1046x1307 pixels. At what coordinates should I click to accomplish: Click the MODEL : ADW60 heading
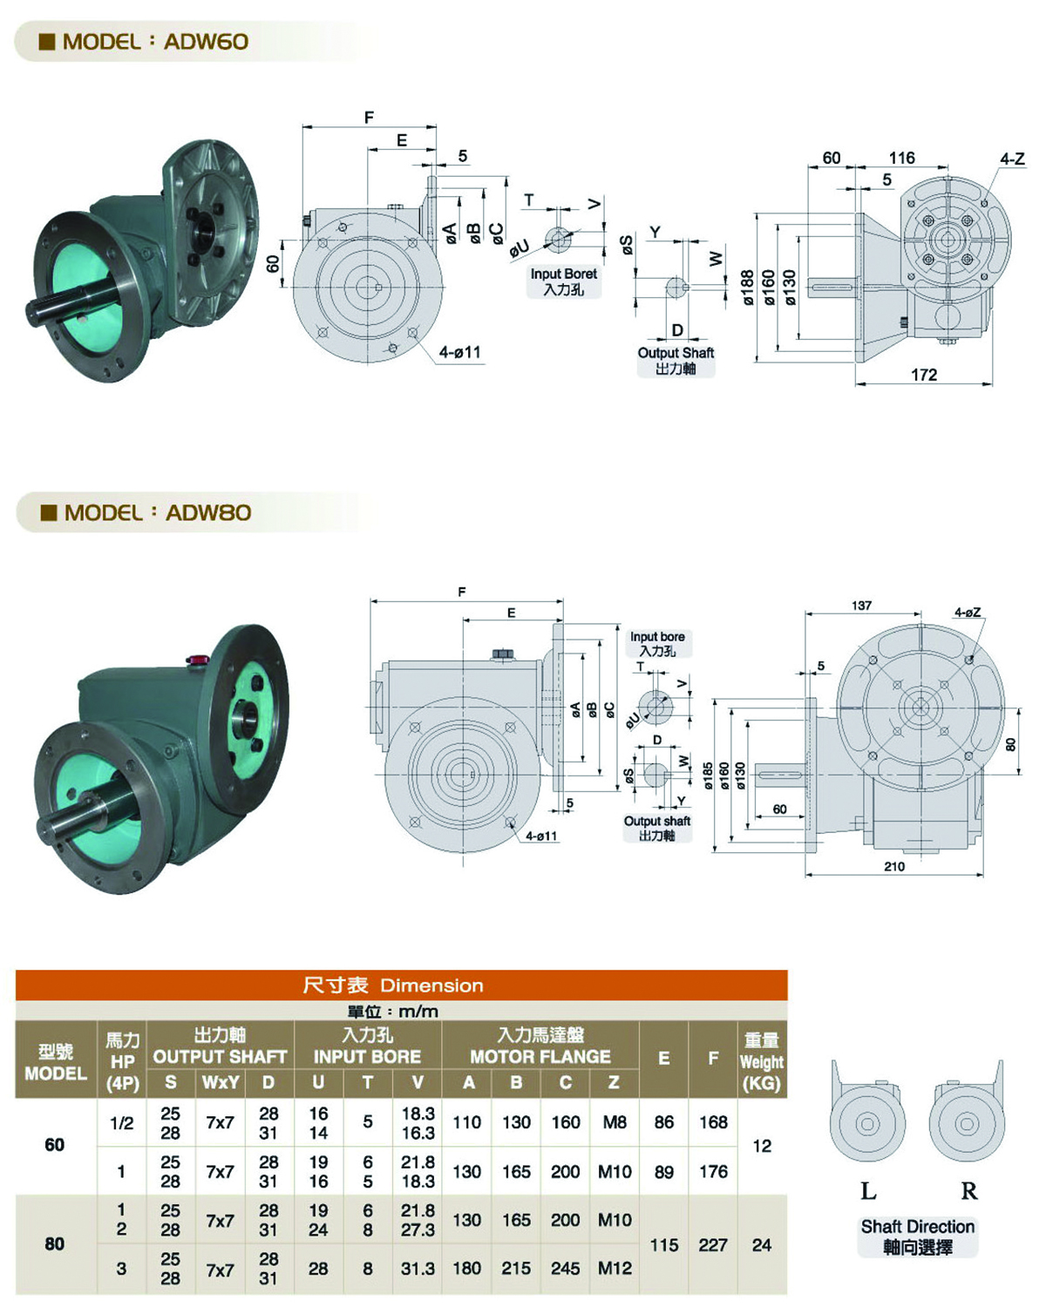click(x=144, y=42)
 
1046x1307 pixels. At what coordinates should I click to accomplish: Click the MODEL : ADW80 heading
click(x=146, y=512)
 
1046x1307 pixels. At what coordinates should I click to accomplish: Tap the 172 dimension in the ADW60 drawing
click(x=923, y=375)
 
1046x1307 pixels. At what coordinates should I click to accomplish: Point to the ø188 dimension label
click(x=746, y=288)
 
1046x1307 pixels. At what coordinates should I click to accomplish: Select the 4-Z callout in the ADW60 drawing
click(x=1012, y=159)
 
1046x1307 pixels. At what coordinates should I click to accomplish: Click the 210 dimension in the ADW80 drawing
click(x=894, y=867)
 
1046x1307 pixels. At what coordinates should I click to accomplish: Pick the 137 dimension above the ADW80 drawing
click(x=861, y=606)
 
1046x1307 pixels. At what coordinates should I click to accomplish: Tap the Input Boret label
click(x=563, y=274)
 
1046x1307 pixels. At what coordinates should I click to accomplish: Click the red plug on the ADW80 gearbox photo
click(x=196, y=659)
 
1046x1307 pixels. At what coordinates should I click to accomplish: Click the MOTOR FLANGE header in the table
click(x=540, y=1057)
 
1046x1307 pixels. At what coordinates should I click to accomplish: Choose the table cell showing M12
click(x=615, y=1268)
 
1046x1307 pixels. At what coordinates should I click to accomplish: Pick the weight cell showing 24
click(x=762, y=1246)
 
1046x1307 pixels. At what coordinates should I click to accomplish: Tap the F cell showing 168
click(x=713, y=1122)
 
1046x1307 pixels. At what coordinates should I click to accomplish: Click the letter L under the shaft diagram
click(x=868, y=1192)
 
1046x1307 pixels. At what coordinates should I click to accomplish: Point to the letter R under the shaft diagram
click(x=968, y=1192)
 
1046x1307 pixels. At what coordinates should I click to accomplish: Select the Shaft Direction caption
click(x=917, y=1227)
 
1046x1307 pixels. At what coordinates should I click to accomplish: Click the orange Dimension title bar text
click(x=392, y=985)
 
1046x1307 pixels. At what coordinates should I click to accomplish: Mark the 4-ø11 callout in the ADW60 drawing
click(x=460, y=352)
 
